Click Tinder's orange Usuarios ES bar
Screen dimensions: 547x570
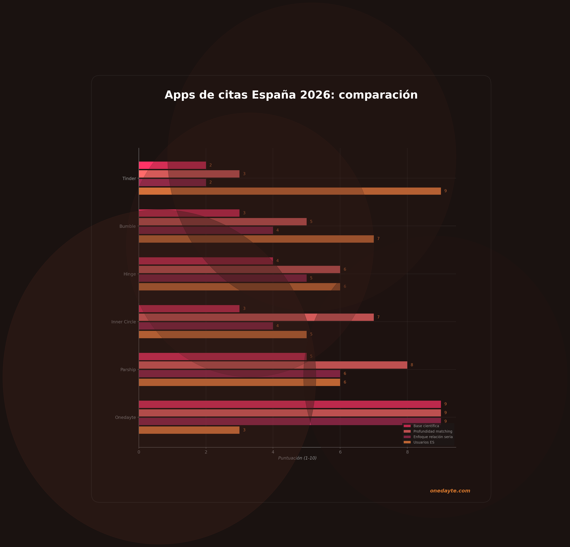click(290, 191)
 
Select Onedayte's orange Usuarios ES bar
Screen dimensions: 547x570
click(189, 430)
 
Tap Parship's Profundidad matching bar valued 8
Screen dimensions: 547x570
click(273, 365)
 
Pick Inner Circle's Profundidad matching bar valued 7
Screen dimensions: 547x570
click(256, 317)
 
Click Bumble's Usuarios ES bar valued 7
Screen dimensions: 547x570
click(256, 239)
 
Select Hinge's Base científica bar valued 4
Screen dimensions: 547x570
click(206, 261)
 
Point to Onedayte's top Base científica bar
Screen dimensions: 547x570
click(290, 404)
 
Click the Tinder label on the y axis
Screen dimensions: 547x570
click(129, 179)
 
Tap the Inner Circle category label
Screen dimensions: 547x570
click(124, 322)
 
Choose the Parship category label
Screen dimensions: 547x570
click(128, 370)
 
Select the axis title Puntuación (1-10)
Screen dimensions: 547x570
click(297, 458)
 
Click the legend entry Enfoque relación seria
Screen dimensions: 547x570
click(433, 437)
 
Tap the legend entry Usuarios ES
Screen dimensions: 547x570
click(424, 442)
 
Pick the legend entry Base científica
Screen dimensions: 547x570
click(426, 426)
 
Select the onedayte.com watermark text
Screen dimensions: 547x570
click(450, 491)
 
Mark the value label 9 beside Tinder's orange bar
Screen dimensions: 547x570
click(445, 191)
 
